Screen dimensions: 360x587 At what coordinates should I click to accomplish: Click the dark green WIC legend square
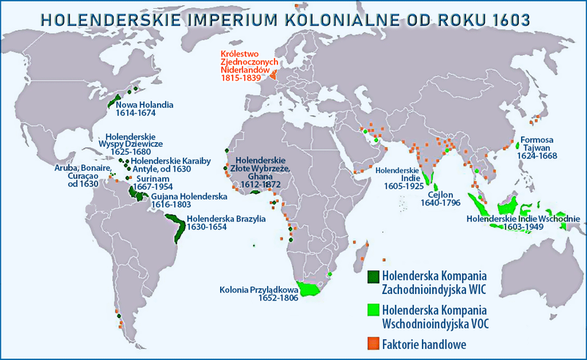[373, 276]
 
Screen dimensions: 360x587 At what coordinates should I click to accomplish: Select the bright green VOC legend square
[373, 310]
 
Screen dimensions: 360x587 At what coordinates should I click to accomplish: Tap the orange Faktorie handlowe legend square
[373, 342]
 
